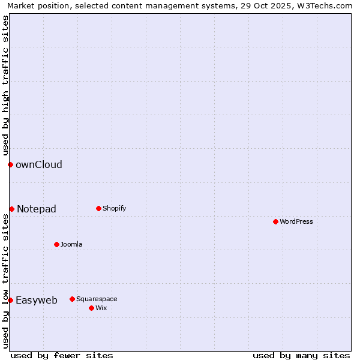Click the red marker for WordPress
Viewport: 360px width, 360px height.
coord(275,221)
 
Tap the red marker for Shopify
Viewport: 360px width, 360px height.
coord(98,208)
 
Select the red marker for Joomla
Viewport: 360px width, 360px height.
coord(56,244)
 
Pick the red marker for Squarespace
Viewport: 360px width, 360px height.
coord(72,299)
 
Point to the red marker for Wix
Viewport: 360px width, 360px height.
coord(91,308)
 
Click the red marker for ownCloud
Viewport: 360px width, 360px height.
coord(10,164)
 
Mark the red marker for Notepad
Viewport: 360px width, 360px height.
coord(11,209)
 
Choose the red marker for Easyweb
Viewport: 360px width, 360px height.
coord(10,300)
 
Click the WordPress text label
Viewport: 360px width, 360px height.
coord(296,221)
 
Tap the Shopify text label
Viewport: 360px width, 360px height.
coord(115,208)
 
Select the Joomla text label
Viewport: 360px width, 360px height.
coord(71,244)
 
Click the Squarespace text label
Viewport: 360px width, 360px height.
coord(97,299)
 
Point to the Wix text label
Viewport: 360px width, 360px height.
coord(101,308)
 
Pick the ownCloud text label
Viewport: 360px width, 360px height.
coord(39,164)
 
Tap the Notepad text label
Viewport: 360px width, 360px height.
coord(37,209)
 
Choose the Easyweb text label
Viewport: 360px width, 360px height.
coord(37,300)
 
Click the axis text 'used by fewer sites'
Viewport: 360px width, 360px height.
coord(62,355)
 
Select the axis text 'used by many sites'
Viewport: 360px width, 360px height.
coord(301,355)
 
